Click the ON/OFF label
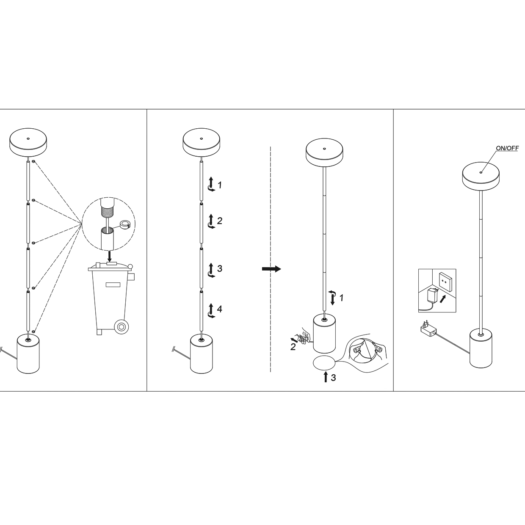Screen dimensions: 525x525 click(507, 148)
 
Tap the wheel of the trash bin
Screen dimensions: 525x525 click(122, 326)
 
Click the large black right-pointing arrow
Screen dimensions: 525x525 click(271, 269)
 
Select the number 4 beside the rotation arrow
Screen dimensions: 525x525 click(219, 309)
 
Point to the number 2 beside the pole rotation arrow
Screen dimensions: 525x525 click(219, 221)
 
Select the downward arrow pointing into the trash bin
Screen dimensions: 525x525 click(110, 255)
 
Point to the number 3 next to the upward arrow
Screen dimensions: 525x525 click(333, 378)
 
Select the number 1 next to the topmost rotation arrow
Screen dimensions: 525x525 click(219, 185)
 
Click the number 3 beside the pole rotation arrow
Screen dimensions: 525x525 click(219, 268)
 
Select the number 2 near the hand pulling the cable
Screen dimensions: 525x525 click(293, 348)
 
